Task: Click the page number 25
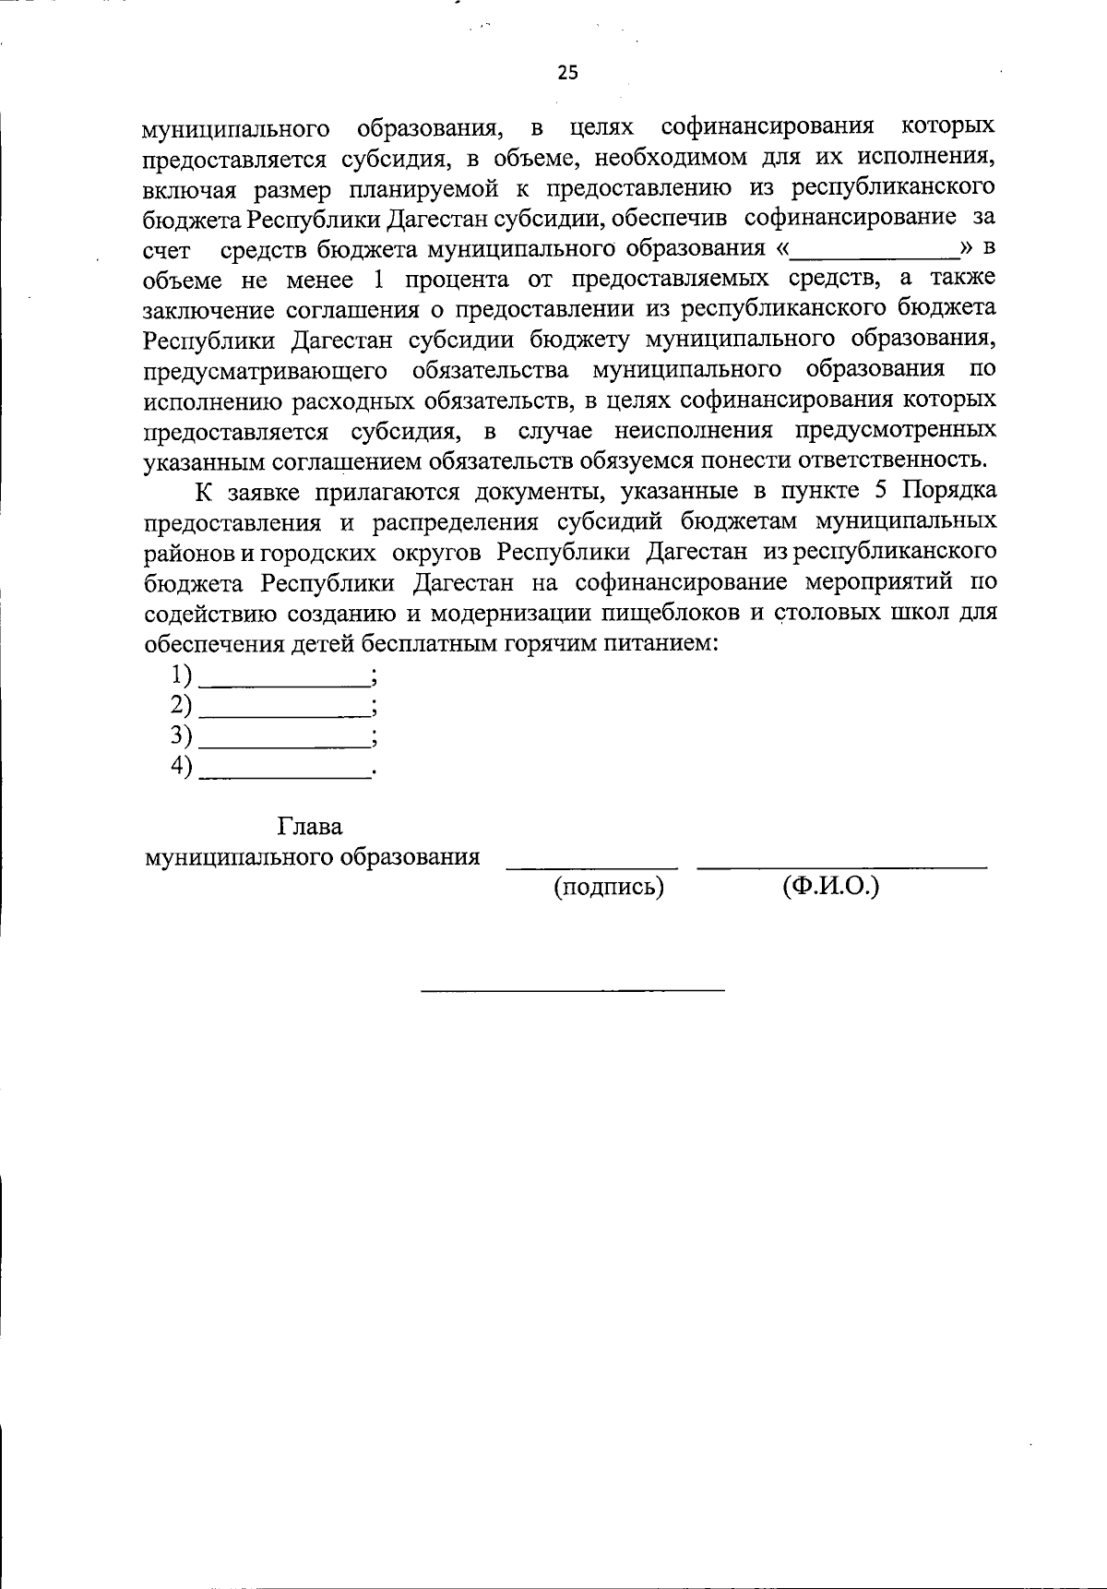[x=567, y=73]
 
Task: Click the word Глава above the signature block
[x=310, y=827]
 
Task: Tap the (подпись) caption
[x=609, y=888]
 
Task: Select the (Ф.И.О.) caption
[x=830, y=888]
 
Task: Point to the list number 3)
[x=182, y=735]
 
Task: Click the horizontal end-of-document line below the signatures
[x=573, y=990]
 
